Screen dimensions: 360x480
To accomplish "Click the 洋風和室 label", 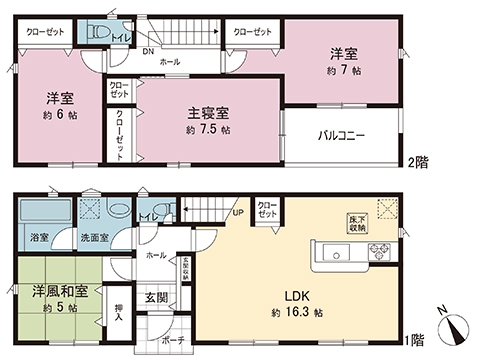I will tap(59, 291).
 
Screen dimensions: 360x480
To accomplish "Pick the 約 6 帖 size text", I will tap(61, 115).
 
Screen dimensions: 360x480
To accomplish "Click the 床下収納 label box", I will tap(358, 222).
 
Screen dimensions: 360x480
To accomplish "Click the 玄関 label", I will tap(155, 297).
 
